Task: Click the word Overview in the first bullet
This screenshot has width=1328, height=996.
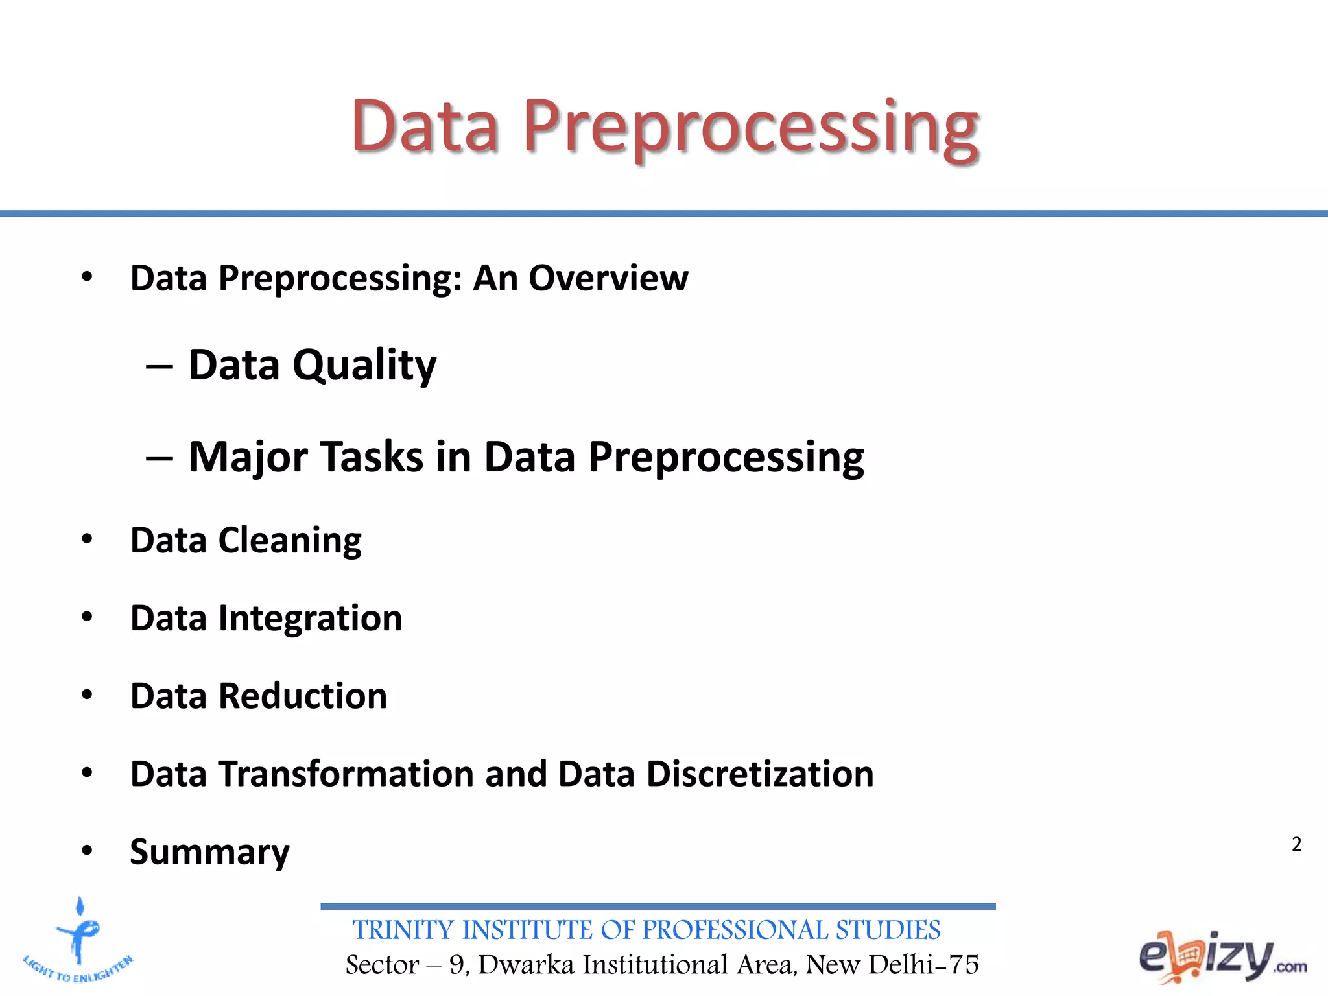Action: (608, 278)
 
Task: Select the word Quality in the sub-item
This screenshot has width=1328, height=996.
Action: (364, 365)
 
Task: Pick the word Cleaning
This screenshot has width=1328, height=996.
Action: (290, 540)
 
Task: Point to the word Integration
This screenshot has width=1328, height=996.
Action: (310, 618)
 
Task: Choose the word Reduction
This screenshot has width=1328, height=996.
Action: (302, 696)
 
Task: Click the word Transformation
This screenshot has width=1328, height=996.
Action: (346, 774)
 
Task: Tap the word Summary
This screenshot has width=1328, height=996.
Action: (209, 852)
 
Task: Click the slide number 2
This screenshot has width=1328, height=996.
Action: (1296, 844)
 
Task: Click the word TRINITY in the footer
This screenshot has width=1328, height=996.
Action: (403, 930)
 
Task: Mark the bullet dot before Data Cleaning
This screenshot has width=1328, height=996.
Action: (88, 539)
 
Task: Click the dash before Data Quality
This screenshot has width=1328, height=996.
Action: (160, 367)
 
